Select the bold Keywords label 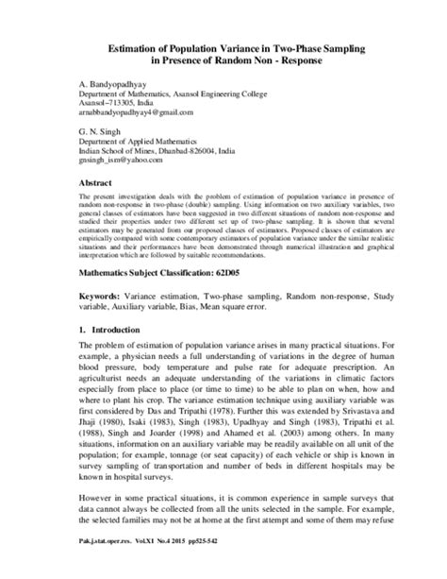104,324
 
